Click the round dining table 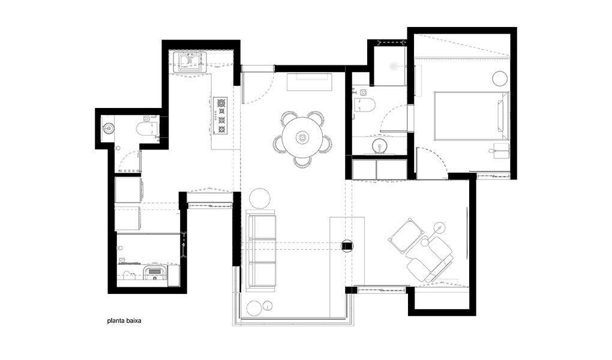[302, 137]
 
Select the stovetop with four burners [221, 116]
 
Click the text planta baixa [124, 321]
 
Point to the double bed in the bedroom [472, 116]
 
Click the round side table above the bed [500, 79]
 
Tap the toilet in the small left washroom [147, 127]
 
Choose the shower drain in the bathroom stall [394, 67]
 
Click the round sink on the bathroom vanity [379, 146]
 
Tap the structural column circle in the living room [347, 245]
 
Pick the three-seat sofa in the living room [261, 250]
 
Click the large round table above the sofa [259, 199]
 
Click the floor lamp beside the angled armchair [439, 226]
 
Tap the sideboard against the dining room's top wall [310, 82]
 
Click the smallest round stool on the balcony [268, 305]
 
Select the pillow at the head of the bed [501, 116]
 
